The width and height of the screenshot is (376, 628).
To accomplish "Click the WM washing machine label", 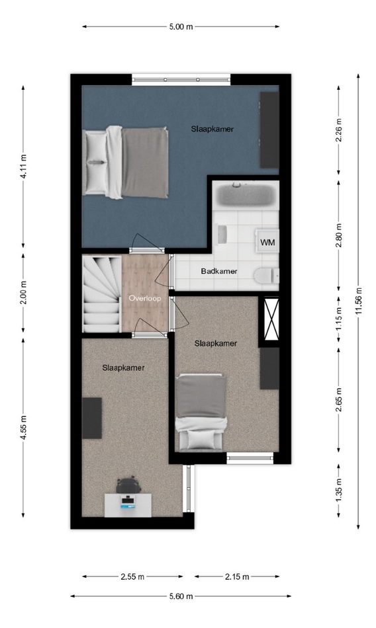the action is click(x=267, y=243).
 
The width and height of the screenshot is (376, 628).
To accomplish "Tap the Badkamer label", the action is click(x=219, y=271).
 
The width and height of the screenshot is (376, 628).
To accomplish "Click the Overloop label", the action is click(x=144, y=298).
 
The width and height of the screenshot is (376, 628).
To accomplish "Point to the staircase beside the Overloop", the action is click(x=102, y=294).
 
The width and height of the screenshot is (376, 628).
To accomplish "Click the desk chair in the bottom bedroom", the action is click(x=128, y=485).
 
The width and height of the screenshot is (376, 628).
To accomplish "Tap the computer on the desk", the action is click(x=128, y=502).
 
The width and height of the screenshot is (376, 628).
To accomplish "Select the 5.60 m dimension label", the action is click(x=181, y=596).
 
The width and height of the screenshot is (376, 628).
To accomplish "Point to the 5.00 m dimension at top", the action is click(x=181, y=27).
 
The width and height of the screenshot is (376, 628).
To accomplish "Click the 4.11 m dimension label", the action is click(x=23, y=167).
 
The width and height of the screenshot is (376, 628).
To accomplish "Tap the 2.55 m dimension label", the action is click(x=132, y=576).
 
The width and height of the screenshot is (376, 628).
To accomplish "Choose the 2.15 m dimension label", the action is click(x=237, y=576).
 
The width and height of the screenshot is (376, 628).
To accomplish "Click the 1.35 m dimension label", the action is click(x=339, y=491).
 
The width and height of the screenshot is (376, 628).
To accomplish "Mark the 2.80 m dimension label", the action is click(x=339, y=235).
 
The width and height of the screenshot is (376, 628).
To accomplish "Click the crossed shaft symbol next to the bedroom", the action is click(x=271, y=319).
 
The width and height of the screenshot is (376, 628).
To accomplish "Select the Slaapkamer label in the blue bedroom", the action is click(x=212, y=129).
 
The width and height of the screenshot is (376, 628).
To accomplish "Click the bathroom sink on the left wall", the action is click(x=220, y=234).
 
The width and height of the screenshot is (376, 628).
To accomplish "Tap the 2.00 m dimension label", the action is click(x=23, y=293).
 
